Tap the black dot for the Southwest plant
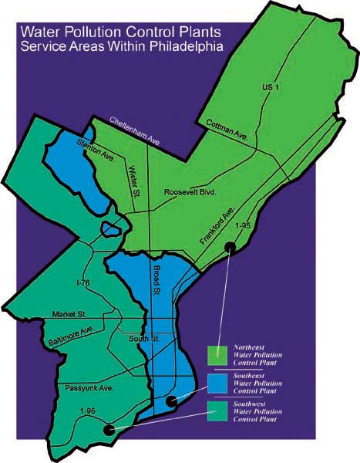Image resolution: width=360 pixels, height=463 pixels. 109,430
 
